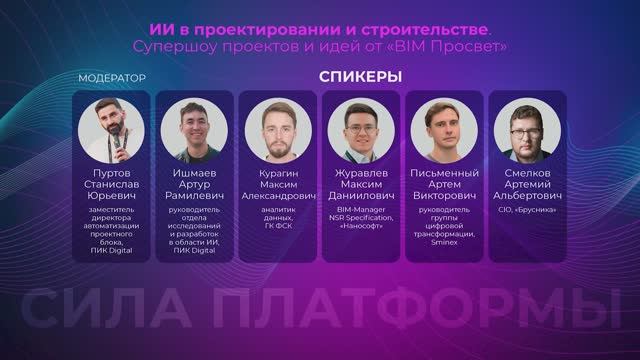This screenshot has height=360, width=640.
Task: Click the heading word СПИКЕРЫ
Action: [x=361, y=77]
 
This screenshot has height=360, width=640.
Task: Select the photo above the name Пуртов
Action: [x=111, y=128]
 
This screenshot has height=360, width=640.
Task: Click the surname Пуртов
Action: [x=111, y=171]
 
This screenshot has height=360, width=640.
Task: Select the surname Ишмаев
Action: [x=194, y=171]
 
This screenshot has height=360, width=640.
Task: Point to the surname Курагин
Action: [x=277, y=171]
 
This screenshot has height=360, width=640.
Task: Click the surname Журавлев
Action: [x=361, y=171]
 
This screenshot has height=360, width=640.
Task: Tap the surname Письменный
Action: [x=445, y=171]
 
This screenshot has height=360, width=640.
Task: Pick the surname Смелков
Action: [x=528, y=171]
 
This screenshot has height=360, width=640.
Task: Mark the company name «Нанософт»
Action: [x=361, y=225]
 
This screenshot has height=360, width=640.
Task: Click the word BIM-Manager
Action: [x=361, y=209]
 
